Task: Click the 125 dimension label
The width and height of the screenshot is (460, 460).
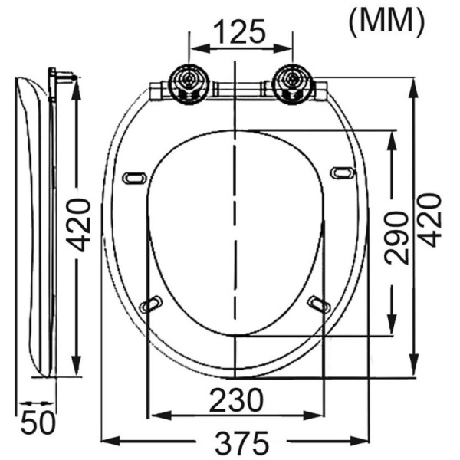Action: pos(239,31)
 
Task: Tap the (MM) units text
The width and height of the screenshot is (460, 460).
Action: pos(386,22)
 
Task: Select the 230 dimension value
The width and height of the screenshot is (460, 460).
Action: pos(236,399)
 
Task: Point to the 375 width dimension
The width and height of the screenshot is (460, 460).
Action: pos(242,442)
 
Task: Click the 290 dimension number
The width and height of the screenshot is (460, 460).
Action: pos(396,238)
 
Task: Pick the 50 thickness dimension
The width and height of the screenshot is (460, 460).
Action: pos(38,423)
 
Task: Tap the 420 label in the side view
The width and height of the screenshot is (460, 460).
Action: pos(77,225)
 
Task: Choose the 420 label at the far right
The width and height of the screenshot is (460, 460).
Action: pos(429,220)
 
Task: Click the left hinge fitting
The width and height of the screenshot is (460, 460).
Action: pos(189,84)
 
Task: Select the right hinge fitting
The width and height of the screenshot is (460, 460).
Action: pos(292,84)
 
